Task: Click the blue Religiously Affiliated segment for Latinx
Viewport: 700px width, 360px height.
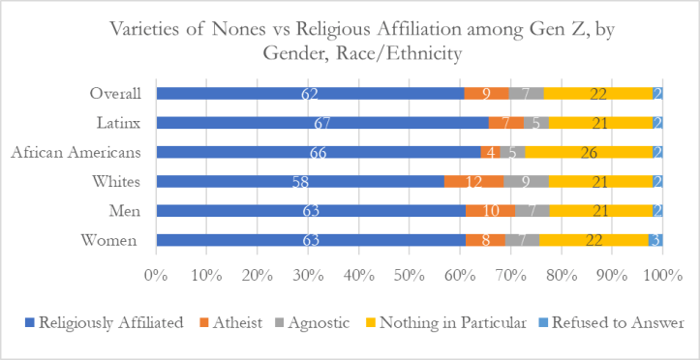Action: click(x=322, y=123)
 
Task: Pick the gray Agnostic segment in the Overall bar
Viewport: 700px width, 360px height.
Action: click(x=526, y=94)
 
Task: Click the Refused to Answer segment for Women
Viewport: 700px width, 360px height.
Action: click(x=655, y=240)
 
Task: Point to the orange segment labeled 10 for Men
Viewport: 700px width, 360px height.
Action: click(x=490, y=210)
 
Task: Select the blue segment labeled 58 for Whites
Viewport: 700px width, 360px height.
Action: click(x=300, y=181)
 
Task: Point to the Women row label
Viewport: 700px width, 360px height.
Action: click(x=115, y=240)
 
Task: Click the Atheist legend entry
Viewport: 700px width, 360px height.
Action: click(x=259, y=323)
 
